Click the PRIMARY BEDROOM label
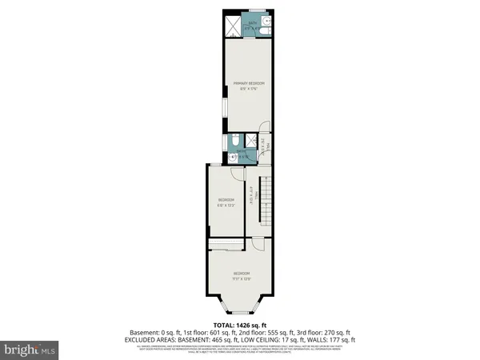click(248, 85)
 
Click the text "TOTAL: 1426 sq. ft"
click(239, 326)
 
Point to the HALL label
click(253, 193)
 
